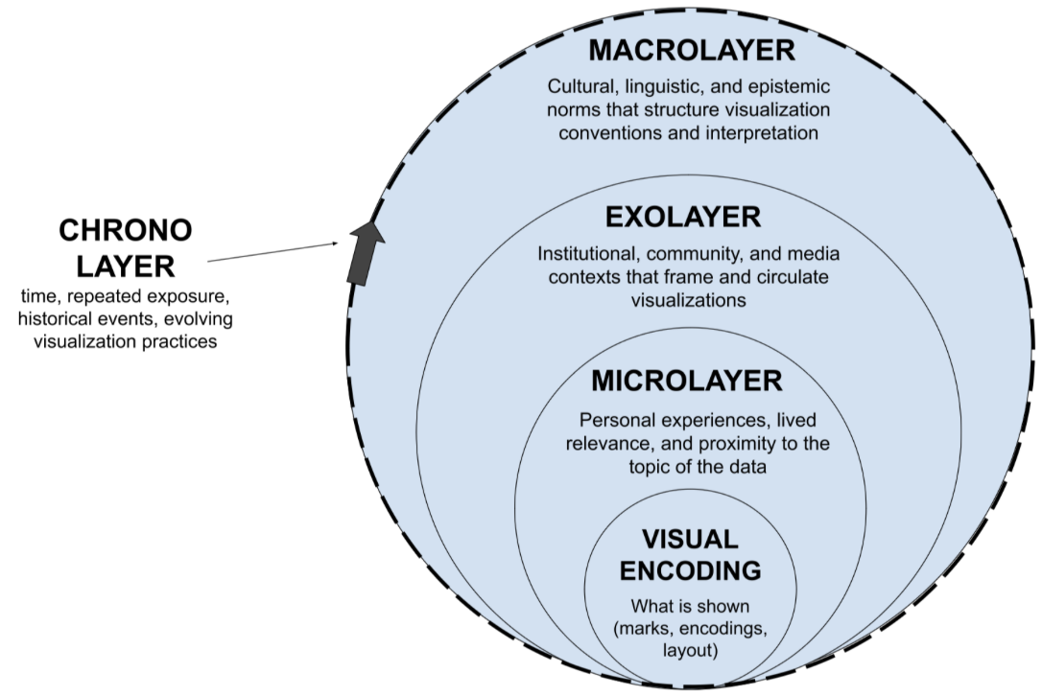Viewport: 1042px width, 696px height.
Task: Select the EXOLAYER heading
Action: (682, 217)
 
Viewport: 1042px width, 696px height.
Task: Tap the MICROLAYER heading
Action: (686, 381)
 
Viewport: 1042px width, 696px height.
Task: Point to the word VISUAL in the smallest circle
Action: (690, 539)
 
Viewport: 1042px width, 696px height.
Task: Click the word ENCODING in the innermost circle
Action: (690, 570)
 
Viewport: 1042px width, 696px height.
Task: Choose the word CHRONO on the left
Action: (126, 230)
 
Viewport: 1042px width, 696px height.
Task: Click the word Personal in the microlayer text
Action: (621, 421)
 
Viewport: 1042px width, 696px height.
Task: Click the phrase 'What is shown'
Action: (690, 606)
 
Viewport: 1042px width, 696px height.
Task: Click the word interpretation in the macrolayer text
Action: (761, 132)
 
